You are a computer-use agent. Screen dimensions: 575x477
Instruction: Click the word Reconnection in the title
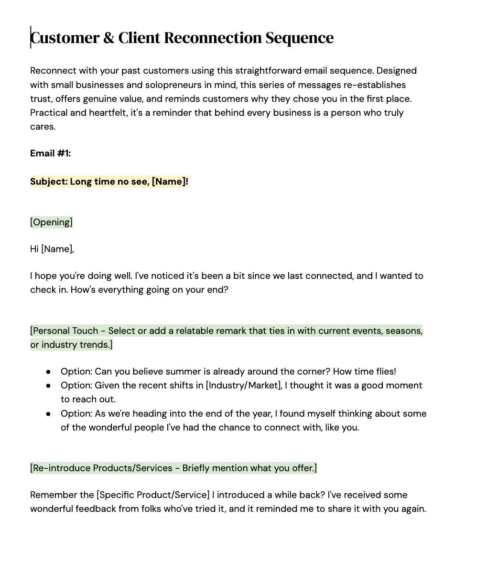coord(213,38)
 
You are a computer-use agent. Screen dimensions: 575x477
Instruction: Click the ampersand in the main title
coord(109,38)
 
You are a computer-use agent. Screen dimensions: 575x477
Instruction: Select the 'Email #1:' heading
coord(50,154)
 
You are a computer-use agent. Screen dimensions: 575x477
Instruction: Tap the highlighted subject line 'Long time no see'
coord(109,182)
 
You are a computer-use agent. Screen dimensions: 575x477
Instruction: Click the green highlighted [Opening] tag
coord(51,222)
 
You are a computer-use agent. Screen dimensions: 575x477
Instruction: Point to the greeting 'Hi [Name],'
coord(52,249)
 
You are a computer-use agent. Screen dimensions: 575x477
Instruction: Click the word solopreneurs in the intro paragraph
coord(158,85)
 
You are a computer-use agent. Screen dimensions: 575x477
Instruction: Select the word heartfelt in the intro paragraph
coord(108,113)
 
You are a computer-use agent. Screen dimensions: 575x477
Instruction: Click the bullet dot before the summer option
coord(48,372)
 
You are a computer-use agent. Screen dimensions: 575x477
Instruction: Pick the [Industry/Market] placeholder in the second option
coord(244,386)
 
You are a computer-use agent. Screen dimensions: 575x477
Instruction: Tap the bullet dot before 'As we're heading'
coord(48,414)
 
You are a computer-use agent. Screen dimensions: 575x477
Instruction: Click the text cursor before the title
coord(31,37)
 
